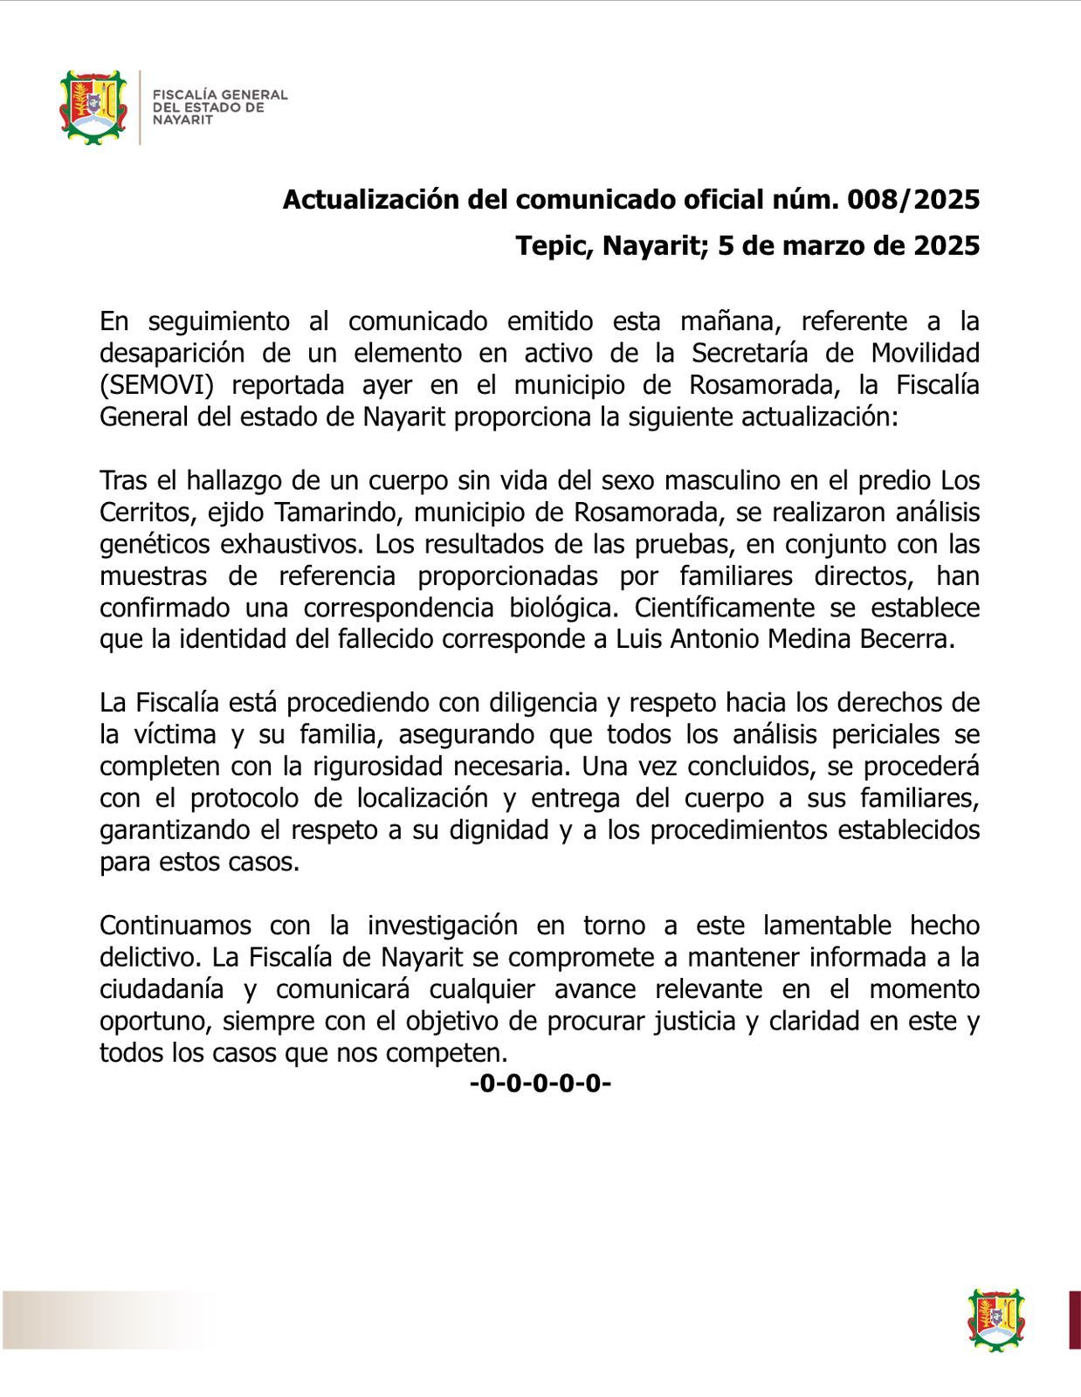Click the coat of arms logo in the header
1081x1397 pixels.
pos(93,107)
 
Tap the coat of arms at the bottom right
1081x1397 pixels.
pos(996,1320)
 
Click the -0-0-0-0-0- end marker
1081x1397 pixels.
pos(540,1084)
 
